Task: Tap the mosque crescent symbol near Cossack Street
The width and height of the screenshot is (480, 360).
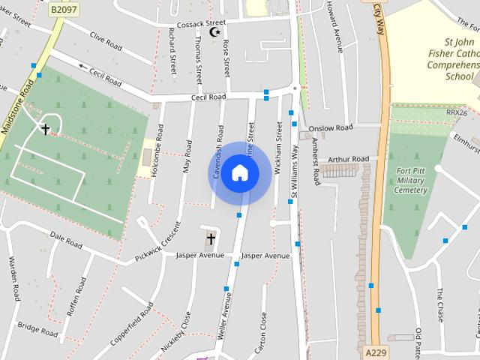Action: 216,31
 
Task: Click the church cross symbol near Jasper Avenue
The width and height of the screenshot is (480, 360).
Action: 211,239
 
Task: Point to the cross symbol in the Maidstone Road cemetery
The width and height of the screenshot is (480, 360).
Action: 45,129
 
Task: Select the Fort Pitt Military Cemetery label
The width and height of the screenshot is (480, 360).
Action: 410,180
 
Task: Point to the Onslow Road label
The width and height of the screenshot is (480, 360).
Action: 330,127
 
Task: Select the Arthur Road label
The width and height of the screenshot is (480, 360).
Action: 349,159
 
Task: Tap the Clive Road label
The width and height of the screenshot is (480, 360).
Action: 106,40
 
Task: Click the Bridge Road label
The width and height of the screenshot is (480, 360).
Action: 37,328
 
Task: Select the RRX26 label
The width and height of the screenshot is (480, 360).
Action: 456,112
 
